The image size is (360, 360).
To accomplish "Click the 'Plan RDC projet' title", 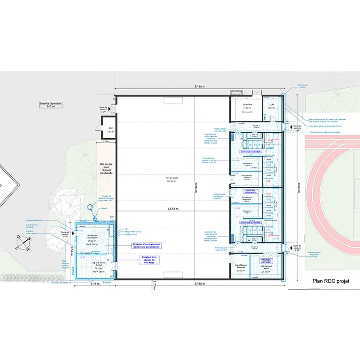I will (331, 281).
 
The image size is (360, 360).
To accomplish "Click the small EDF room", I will (108, 130).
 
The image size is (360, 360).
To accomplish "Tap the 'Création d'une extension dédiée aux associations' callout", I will (146, 246).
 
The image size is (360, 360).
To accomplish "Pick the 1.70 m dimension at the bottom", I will (154, 285).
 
